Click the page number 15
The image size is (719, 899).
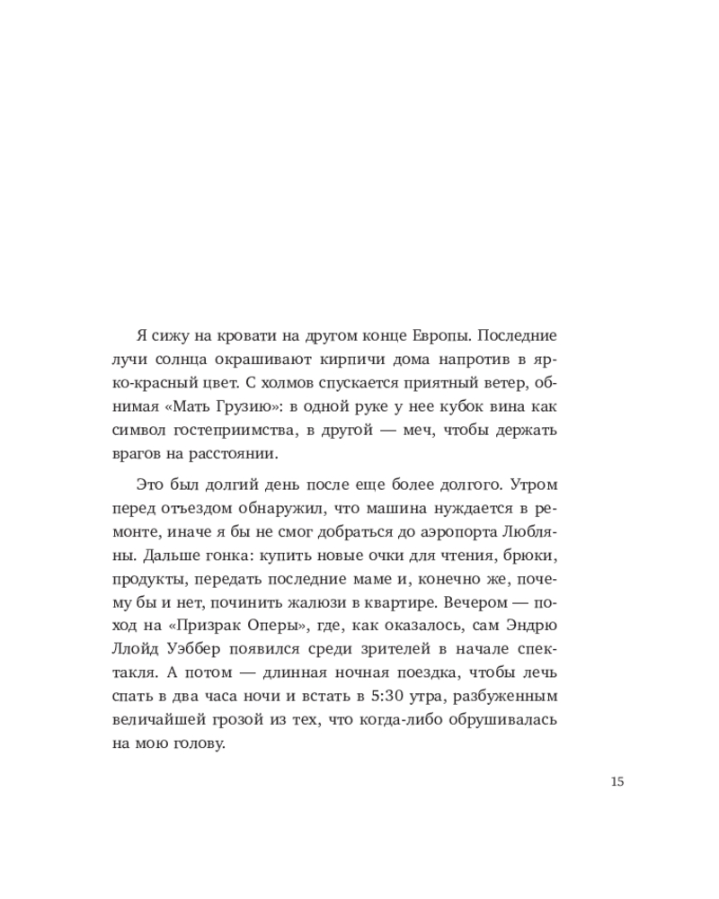pyautogui.click(x=617, y=781)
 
